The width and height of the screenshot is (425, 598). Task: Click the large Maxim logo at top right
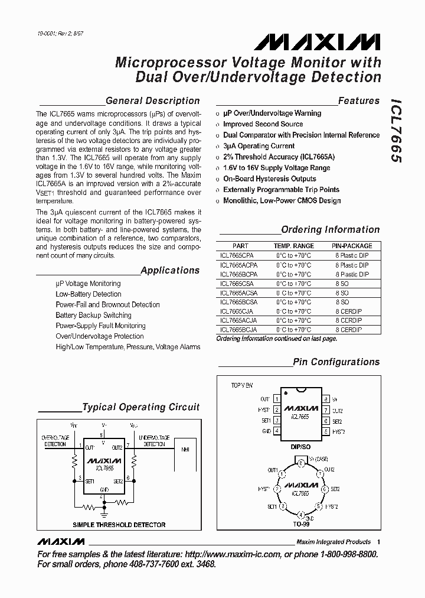tap(318, 43)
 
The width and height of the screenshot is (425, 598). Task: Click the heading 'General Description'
tap(152, 101)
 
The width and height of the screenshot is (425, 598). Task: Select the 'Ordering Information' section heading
tap(330, 230)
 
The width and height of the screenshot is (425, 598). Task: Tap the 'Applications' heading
tap(170, 271)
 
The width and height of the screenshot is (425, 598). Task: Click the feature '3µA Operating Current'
tap(259, 146)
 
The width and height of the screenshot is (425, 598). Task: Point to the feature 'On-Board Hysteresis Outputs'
tap(269, 179)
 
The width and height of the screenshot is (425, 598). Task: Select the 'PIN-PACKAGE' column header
tap(352, 246)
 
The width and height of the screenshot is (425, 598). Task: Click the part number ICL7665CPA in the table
tap(236, 256)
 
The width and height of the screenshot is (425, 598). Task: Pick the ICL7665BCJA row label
tap(237, 329)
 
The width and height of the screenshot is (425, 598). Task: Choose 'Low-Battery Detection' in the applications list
tap(88, 294)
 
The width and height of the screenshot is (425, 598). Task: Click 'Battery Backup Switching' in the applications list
tap(93, 316)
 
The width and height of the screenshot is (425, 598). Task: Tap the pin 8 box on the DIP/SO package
tap(325, 400)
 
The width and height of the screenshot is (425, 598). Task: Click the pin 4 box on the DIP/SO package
tap(277, 431)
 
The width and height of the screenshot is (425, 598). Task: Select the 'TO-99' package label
tap(301, 524)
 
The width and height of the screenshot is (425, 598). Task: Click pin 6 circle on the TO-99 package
tap(323, 489)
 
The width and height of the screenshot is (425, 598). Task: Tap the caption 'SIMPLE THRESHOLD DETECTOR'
tap(119, 525)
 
